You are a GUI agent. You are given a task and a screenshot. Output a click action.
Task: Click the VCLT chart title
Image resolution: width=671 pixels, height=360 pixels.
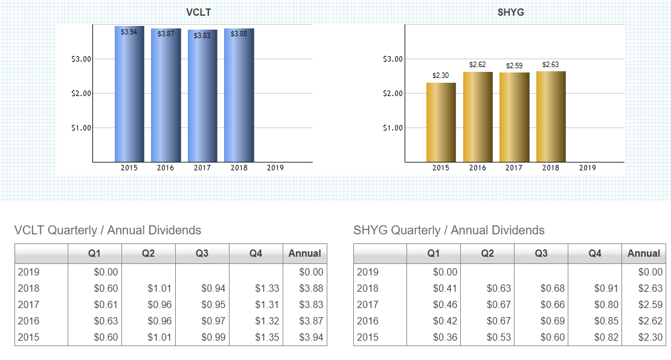(x=199, y=12)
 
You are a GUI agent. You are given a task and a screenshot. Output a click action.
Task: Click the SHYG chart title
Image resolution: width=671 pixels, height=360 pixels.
(x=510, y=12)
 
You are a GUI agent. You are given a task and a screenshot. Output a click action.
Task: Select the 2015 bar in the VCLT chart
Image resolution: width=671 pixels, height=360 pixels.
(x=129, y=97)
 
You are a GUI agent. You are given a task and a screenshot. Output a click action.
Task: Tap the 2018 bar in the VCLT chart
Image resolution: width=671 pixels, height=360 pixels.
(x=239, y=97)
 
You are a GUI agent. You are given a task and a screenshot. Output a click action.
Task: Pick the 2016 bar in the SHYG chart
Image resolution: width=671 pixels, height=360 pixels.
(x=478, y=118)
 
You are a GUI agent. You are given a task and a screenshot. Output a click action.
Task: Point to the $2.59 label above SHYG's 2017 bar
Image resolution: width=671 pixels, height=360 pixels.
(x=514, y=65)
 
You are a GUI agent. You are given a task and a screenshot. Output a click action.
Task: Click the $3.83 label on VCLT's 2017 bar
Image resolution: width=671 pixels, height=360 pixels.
(x=202, y=36)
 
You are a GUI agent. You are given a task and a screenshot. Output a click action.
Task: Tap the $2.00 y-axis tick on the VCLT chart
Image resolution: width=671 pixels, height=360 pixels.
(x=81, y=94)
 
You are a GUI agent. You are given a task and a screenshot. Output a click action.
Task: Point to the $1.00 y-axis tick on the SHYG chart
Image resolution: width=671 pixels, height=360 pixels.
(x=393, y=128)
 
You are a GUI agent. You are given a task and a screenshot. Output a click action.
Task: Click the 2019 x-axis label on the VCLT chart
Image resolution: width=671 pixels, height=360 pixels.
(x=275, y=168)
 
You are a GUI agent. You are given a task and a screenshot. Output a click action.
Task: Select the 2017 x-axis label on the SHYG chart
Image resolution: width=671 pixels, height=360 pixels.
(x=514, y=168)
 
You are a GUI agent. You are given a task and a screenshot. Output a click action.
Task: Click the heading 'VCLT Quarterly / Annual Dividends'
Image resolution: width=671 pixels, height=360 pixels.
(x=108, y=230)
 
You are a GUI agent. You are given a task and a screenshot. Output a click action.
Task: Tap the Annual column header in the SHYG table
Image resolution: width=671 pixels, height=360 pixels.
(x=644, y=254)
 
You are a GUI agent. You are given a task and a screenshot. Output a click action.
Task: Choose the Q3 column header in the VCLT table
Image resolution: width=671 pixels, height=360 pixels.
(x=202, y=254)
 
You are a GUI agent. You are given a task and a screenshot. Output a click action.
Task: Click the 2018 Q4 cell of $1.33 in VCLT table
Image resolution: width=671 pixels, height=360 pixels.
(x=268, y=289)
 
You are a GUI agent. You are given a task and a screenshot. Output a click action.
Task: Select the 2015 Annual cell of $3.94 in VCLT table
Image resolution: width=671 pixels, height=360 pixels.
(x=312, y=338)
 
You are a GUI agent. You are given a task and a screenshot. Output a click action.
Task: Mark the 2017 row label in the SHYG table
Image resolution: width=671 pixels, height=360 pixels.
(x=368, y=305)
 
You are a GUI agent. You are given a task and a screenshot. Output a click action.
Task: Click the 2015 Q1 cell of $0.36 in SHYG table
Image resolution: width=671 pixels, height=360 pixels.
(x=445, y=338)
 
